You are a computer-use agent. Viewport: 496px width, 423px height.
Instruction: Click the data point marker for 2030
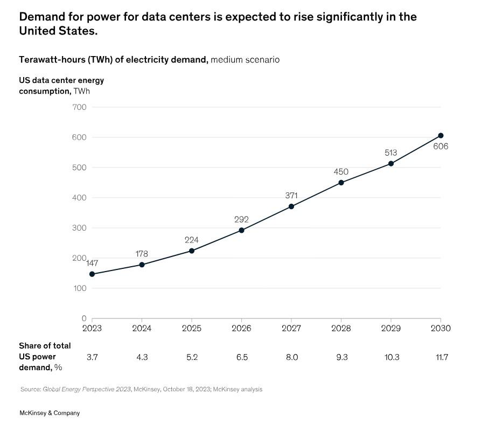click(441, 136)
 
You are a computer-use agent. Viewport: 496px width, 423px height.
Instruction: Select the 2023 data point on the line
click(92, 274)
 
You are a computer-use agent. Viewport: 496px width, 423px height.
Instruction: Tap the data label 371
click(291, 196)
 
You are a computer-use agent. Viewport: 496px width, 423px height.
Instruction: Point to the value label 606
click(441, 147)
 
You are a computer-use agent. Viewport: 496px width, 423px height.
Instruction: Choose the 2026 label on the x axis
click(241, 328)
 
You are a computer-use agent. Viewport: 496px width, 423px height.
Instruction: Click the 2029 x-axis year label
click(390, 328)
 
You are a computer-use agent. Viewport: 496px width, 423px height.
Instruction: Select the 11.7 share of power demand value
click(442, 357)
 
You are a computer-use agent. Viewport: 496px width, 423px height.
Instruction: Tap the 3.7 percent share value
click(92, 357)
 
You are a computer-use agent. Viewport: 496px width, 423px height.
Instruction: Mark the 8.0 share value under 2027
click(291, 357)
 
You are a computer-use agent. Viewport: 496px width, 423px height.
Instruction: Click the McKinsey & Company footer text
click(50, 413)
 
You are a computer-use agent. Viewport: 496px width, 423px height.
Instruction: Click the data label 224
click(192, 240)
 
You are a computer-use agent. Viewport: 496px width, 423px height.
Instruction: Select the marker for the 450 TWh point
click(341, 183)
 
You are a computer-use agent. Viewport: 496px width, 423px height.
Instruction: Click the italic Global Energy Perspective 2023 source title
click(87, 389)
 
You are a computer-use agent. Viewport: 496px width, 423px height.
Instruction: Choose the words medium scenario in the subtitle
click(245, 59)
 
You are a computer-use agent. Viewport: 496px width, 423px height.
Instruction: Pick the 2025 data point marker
click(192, 251)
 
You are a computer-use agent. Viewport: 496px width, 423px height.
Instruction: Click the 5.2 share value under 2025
click(192, 357)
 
